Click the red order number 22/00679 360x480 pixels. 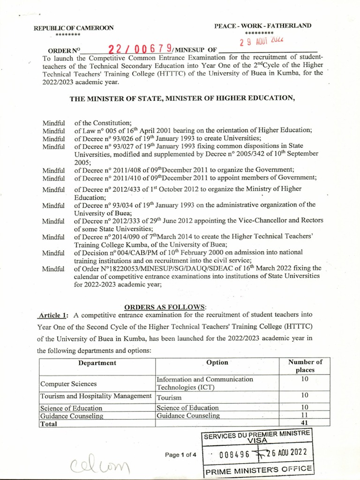(140, 49)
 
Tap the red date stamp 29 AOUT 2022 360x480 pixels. (262, 41)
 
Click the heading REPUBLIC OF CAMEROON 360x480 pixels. (74, 28)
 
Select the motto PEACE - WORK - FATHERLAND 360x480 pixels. (262, 26)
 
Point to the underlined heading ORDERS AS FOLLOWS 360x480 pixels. (158, 307)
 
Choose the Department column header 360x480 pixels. (97, 363)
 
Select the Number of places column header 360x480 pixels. (305, 366)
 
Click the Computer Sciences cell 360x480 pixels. (68, 384)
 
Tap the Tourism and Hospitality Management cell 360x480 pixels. (96, 396)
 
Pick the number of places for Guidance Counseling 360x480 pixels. (305, 415)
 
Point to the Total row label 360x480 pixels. (49, 424)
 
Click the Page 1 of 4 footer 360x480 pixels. (180, 455)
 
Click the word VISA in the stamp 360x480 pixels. (257, 441)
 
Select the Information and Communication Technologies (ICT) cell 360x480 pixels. (204, 383)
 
